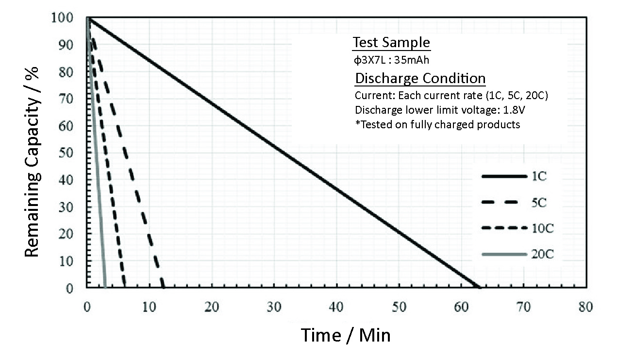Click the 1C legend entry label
coord(539,176)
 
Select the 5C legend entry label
coord(539,203)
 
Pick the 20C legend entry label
coord(541,254)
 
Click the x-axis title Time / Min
coord(346,335)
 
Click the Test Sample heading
coord(391,43)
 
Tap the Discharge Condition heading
coord(420,78)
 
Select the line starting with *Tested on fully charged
coord(437,125)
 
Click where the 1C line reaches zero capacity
coord(478,288)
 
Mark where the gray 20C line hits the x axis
coord(105,288)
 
